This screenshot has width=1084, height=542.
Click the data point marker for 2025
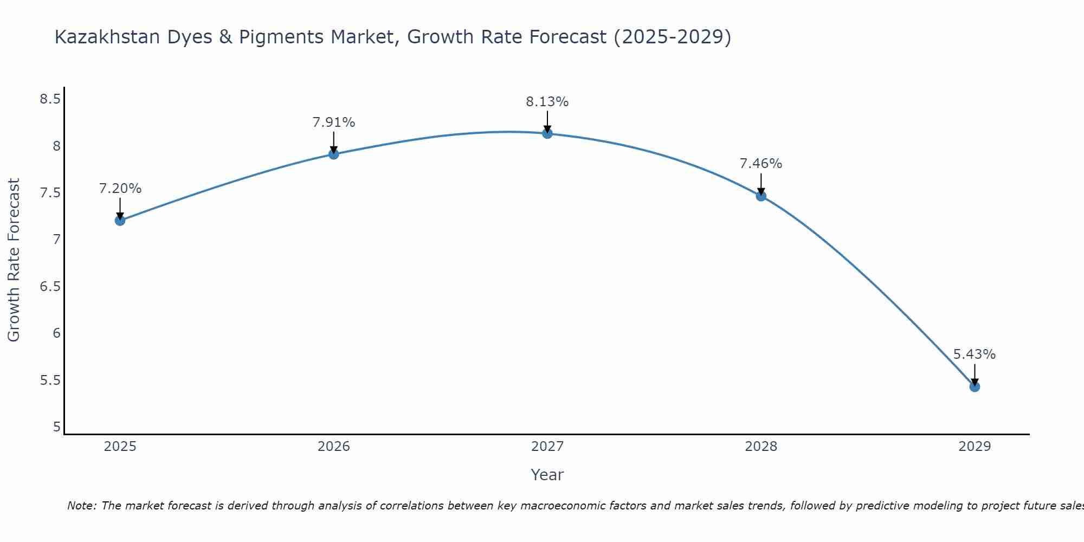(120, 220)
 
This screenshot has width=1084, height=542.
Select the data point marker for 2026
(333, 154)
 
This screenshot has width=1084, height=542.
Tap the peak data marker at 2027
(547, 133)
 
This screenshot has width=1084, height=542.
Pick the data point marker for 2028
(761, 196)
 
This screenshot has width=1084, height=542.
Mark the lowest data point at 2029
(975, 386)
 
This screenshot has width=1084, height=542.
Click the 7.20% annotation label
(120, 189)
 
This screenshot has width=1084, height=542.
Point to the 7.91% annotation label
(333, 122)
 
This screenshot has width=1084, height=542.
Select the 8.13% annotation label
(547, 102)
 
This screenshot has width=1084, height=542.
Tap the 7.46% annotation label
(761, 164)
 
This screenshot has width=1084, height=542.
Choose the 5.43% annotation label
(975, 354)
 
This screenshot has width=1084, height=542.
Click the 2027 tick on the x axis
(547, 447)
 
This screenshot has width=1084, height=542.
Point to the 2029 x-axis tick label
(975, 447)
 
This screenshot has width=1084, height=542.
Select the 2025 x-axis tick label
(120, 447)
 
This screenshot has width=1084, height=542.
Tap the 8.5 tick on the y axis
(50, 99)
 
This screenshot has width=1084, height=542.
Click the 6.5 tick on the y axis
(50, 287)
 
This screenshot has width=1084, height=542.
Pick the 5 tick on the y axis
(56, 427)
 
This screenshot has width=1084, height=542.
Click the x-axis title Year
(547, 475)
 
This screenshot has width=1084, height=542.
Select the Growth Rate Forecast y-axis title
(14, 260)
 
